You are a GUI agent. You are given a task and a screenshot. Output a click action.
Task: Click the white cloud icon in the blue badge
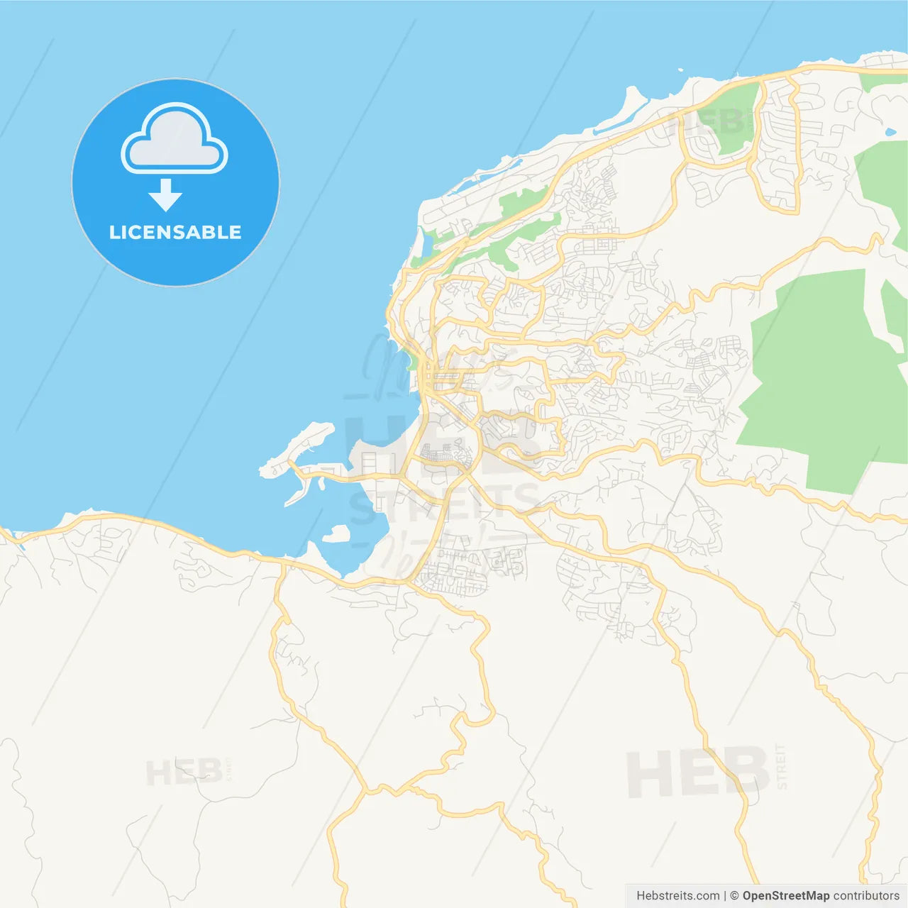coord(175,139)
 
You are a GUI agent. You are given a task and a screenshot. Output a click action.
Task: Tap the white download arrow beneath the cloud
coord(166,195)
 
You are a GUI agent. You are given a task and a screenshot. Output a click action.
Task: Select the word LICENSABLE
coord(175,232)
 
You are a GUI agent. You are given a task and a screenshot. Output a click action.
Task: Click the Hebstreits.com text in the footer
coord(677,896)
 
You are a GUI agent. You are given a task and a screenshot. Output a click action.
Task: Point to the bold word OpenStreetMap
coord(785,896)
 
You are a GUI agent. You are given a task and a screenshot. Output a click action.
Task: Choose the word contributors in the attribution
coord(866,896)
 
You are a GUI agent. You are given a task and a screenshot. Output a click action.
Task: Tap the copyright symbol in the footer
coord(735,896)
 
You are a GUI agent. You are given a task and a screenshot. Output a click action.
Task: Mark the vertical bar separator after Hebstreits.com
coord(725,896)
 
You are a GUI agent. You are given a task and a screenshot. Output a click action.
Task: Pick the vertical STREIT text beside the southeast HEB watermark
coord(782,766)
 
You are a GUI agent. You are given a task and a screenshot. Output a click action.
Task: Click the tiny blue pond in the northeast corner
coord(890,132)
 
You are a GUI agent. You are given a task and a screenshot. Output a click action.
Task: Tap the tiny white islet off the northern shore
coord(680,70)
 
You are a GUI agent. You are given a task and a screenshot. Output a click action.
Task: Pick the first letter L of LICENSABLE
coord(113,232)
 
